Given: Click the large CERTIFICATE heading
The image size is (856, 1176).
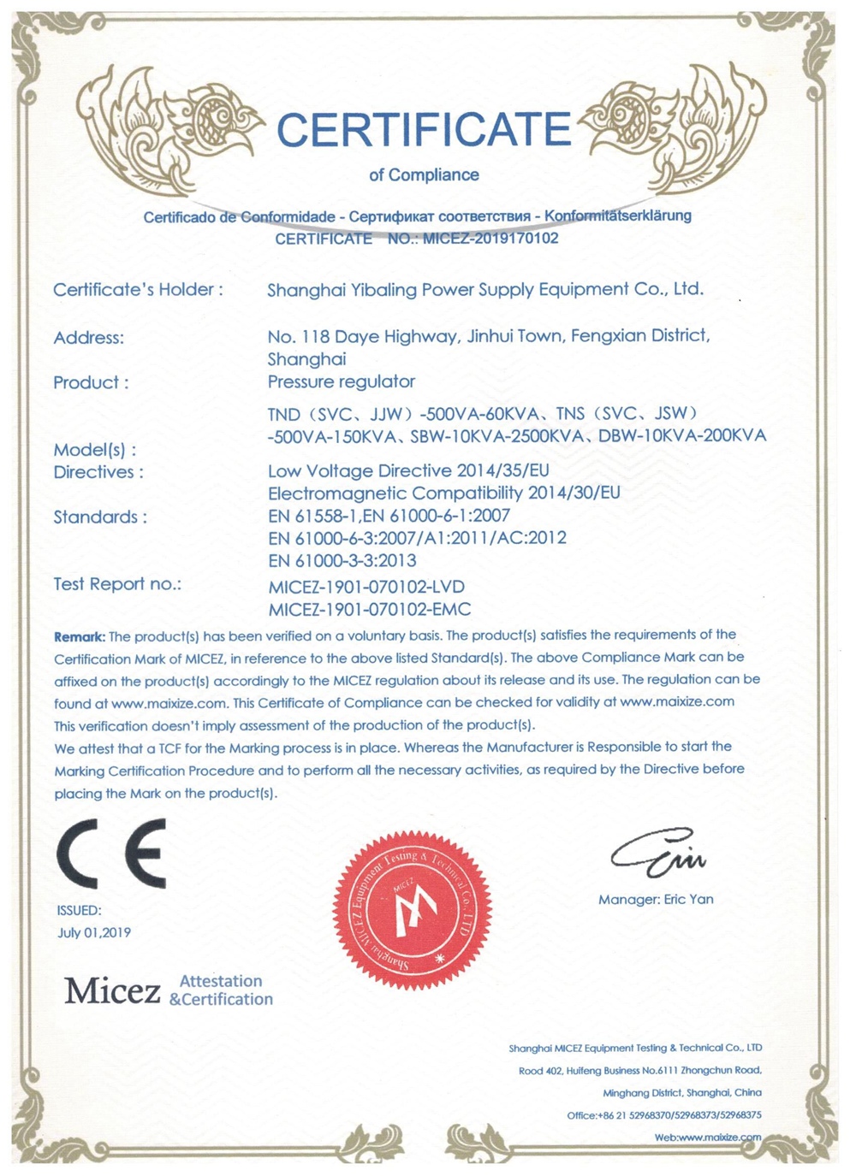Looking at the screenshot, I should (424, 130).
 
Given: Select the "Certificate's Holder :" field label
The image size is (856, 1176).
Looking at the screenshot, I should (138, 290).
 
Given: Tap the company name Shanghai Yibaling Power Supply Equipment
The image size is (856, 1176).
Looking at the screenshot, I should (484, 289).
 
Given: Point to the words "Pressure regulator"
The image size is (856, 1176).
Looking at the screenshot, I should (341, 381).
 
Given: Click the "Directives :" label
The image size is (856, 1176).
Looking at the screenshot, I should (98, 472).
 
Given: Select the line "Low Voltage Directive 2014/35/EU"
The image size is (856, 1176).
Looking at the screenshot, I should (408, 470).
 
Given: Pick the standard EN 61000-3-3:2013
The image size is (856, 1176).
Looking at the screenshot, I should (342, 560).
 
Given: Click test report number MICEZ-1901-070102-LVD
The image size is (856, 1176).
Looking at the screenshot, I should (366, 587).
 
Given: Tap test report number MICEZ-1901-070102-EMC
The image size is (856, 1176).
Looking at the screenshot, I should (369, 610).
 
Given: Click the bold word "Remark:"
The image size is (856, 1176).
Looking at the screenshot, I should (80, 636).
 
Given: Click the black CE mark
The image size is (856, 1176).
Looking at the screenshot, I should (111, 854).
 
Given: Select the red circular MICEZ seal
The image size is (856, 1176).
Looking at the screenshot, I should (413, 908).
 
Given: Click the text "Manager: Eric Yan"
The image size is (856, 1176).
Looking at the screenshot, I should (656, 899).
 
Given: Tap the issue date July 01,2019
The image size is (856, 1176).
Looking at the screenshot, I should (94, 932).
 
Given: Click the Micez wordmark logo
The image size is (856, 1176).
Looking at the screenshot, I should (112, 990).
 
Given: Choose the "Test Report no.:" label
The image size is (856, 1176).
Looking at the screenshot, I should (117, 584).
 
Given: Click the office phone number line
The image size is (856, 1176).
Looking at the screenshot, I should (663, 1115).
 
